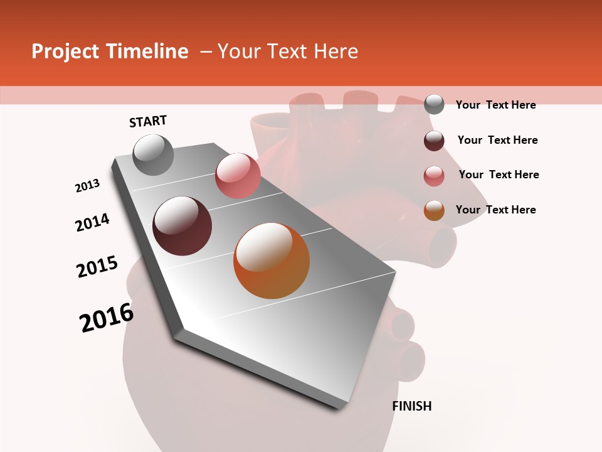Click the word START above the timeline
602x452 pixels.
(148, 121)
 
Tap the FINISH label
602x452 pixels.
(412, 406)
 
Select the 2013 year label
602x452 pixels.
(88, 186)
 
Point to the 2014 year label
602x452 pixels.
(93, 222)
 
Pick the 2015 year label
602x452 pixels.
(97, 267)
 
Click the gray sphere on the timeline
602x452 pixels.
(153, 154)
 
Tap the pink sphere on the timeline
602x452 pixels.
(238, 175)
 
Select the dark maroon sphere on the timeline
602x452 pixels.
(182, 226)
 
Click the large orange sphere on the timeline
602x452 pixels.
(272, 261)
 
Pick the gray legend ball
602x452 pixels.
(434, 104)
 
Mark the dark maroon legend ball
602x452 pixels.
(434, 141)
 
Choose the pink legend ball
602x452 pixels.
(434, 176)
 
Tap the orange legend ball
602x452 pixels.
(434, 210)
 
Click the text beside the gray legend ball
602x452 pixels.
(495, 105)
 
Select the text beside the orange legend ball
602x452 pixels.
(495, 210)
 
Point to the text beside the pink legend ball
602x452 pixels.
(499, 175)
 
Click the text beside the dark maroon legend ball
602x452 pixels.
(497, 140)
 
